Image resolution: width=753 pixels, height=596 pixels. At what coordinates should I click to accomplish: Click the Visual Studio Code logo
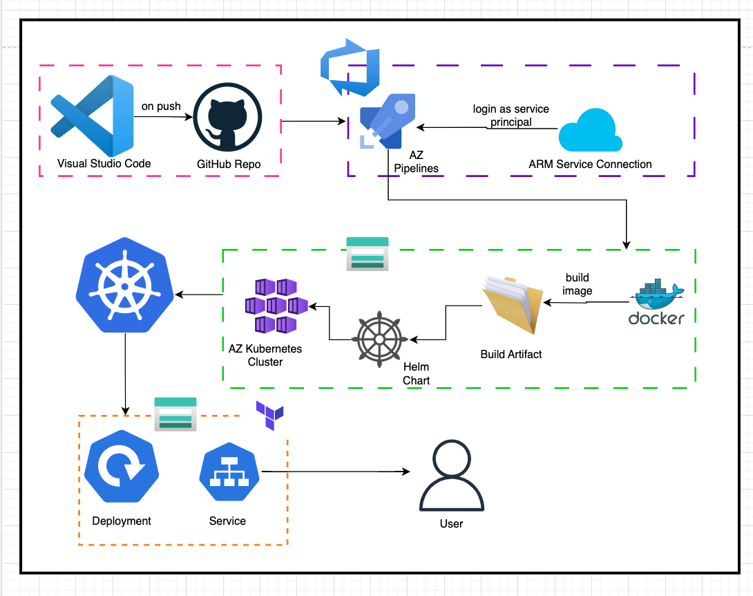tap(92, 115)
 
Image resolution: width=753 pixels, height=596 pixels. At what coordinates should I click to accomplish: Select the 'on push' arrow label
tap(161, 106)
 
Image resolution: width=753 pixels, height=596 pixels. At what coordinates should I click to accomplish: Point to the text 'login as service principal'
tap(511, 115)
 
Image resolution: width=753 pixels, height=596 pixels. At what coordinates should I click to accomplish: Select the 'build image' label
tap(577, 284)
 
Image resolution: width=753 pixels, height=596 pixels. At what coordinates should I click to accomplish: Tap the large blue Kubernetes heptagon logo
tap(124, 286)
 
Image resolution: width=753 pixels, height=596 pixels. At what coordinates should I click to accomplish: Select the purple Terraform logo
tap(269, 415)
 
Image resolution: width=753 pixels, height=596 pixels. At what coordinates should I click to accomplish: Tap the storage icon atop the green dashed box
tap(367, 253)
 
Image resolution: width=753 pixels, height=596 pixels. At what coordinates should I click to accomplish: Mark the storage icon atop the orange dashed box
tap(175, 413)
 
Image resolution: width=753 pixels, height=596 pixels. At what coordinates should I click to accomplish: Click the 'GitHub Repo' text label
tap(228, 165)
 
